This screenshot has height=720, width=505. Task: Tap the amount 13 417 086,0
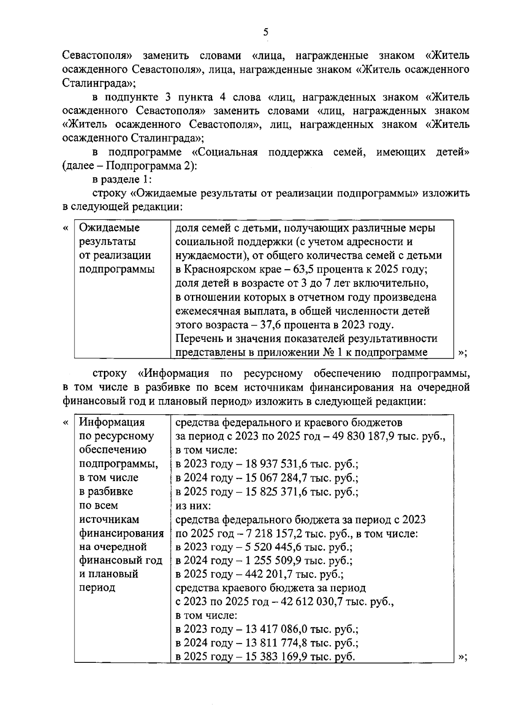click(x=271, y=630)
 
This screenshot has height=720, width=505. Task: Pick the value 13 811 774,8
click(x=271, y=643)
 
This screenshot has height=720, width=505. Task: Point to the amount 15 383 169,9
click(x=271, y=657)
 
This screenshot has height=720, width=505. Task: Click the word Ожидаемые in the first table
click(x=109, y=228)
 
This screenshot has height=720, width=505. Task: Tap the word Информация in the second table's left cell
click(x=112, y=422)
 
